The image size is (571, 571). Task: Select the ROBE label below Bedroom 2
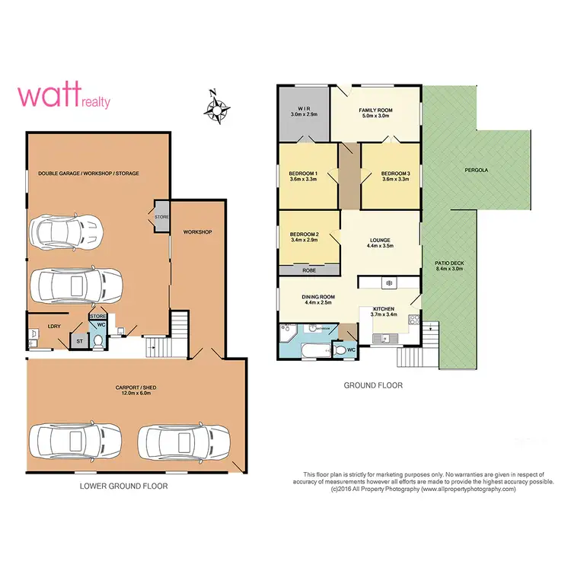(x=308, y=270)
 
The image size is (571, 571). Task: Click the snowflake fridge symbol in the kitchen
(x=388, y=283)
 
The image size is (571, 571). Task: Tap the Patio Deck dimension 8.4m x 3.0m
(x=448, y=269)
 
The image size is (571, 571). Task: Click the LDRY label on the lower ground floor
(x=54, y=326)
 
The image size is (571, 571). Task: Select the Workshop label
(x=197, y=231)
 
